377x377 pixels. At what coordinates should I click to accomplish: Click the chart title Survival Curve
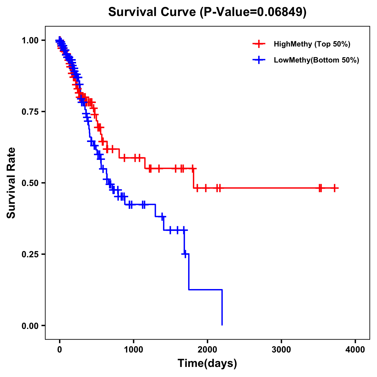point(153,12)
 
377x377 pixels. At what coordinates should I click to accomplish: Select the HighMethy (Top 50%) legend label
point(312,44)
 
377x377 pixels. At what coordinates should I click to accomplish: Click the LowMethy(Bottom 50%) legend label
point(316,60)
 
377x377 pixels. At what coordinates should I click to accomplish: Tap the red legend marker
point(259,44)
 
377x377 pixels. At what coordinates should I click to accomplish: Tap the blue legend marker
point(259,60)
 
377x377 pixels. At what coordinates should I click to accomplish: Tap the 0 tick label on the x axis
point(59,350)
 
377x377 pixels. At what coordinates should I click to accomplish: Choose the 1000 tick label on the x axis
point(134,350)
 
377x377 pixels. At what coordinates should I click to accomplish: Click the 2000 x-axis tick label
point(207,350)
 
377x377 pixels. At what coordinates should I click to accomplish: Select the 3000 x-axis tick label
point(281,350)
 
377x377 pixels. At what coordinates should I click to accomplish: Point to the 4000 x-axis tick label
point(355,350)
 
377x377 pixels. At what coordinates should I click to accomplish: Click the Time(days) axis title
point(207,363)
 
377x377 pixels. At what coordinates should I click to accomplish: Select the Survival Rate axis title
point(11,183)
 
